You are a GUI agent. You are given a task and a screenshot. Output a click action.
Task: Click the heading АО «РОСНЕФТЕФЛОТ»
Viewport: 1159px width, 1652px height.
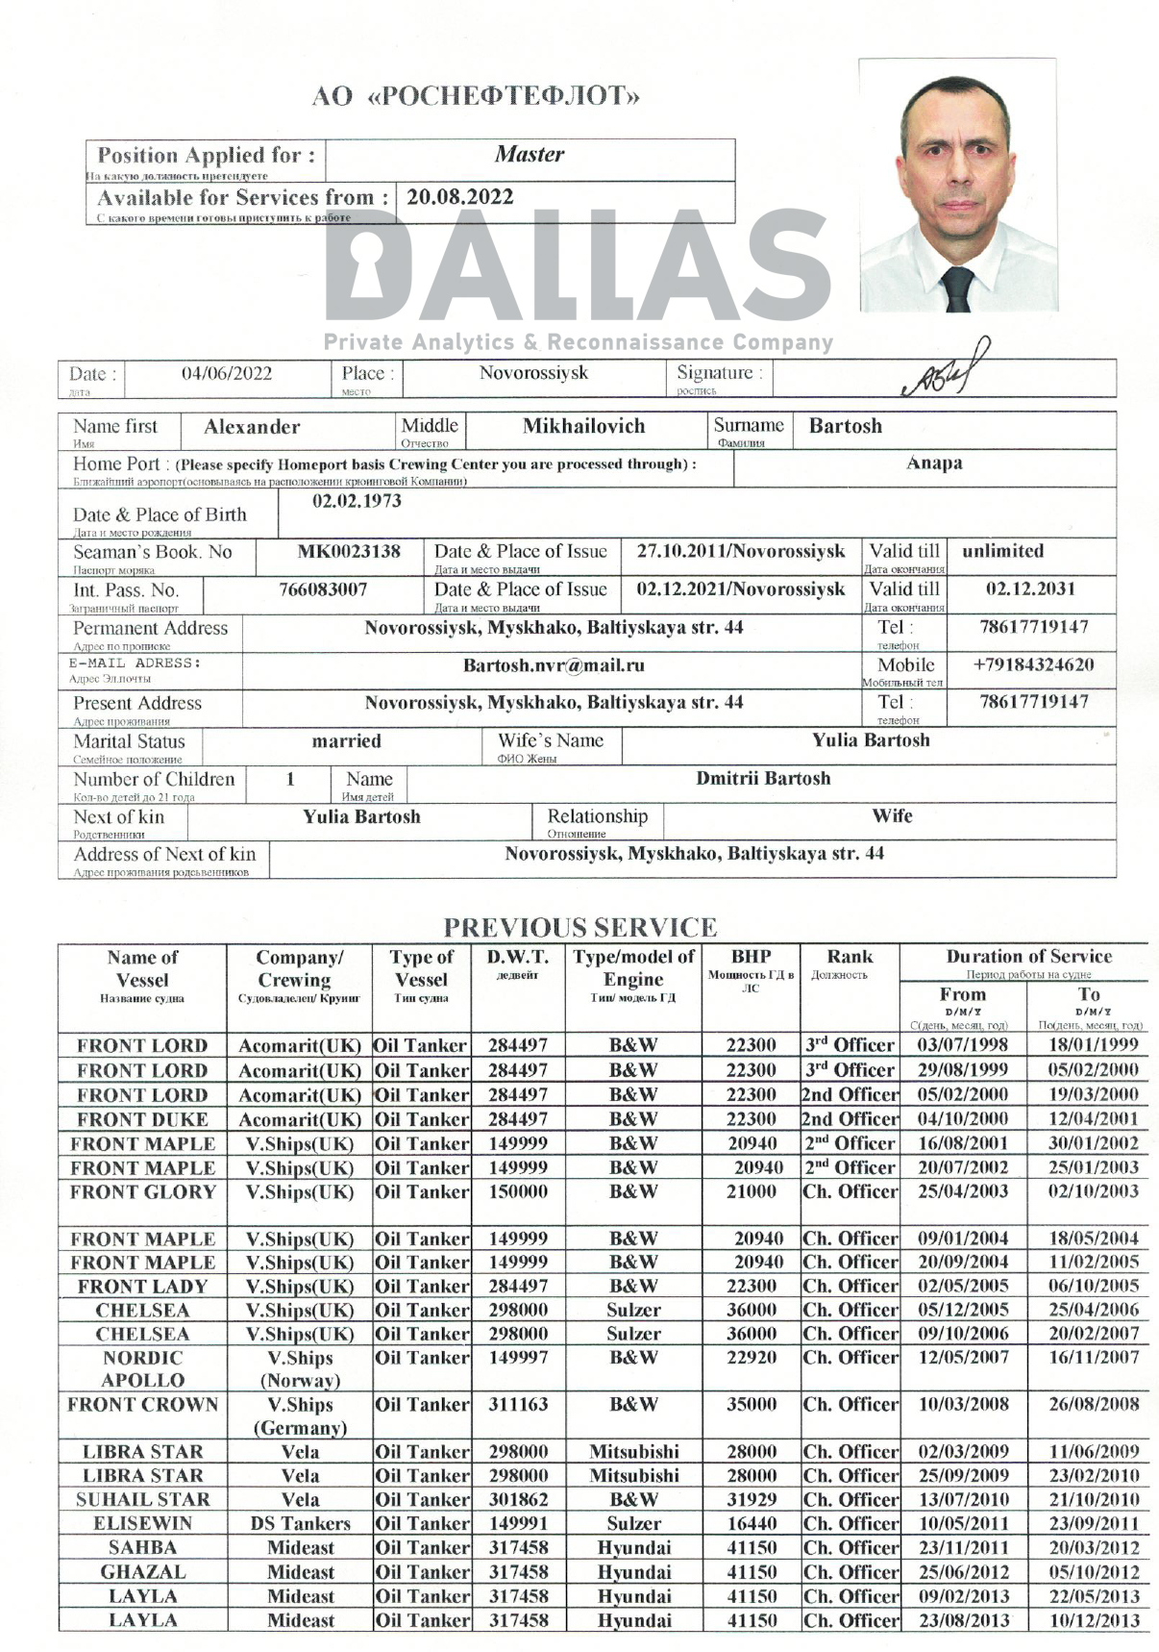476,96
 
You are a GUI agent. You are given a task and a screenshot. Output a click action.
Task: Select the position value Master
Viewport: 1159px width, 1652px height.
530,154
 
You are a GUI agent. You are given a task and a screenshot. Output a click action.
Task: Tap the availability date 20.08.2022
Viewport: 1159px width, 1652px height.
460,197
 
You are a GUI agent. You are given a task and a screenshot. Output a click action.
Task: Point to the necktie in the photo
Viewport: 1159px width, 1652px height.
958,288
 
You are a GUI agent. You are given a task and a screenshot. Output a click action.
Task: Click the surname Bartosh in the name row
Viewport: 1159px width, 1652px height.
845,426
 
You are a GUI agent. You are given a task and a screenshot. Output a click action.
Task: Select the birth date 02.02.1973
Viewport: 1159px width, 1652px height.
357,501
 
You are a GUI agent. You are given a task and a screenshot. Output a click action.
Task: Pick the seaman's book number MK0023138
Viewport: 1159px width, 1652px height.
349,552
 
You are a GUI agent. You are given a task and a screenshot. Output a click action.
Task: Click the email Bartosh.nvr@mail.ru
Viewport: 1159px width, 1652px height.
554,665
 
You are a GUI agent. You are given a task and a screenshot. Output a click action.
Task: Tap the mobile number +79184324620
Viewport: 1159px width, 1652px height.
1033,665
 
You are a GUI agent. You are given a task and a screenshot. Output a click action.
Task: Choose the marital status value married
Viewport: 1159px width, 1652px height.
346,741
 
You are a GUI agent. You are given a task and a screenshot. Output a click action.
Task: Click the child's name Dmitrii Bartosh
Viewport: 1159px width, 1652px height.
763,779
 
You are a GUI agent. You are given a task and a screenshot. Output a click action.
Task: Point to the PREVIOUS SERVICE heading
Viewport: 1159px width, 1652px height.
579,928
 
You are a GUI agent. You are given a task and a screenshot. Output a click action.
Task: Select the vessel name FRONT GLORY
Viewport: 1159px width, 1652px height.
142,1192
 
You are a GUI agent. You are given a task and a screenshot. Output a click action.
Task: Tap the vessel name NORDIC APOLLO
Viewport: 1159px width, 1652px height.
142,1369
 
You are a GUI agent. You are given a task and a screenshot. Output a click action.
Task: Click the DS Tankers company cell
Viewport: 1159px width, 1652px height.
300,1524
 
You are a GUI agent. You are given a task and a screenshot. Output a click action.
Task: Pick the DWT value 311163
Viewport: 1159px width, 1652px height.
518,1405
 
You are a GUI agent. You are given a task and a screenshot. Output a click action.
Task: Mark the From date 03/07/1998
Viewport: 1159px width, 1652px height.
962,1045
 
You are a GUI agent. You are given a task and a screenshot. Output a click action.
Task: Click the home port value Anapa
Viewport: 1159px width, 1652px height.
934,463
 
